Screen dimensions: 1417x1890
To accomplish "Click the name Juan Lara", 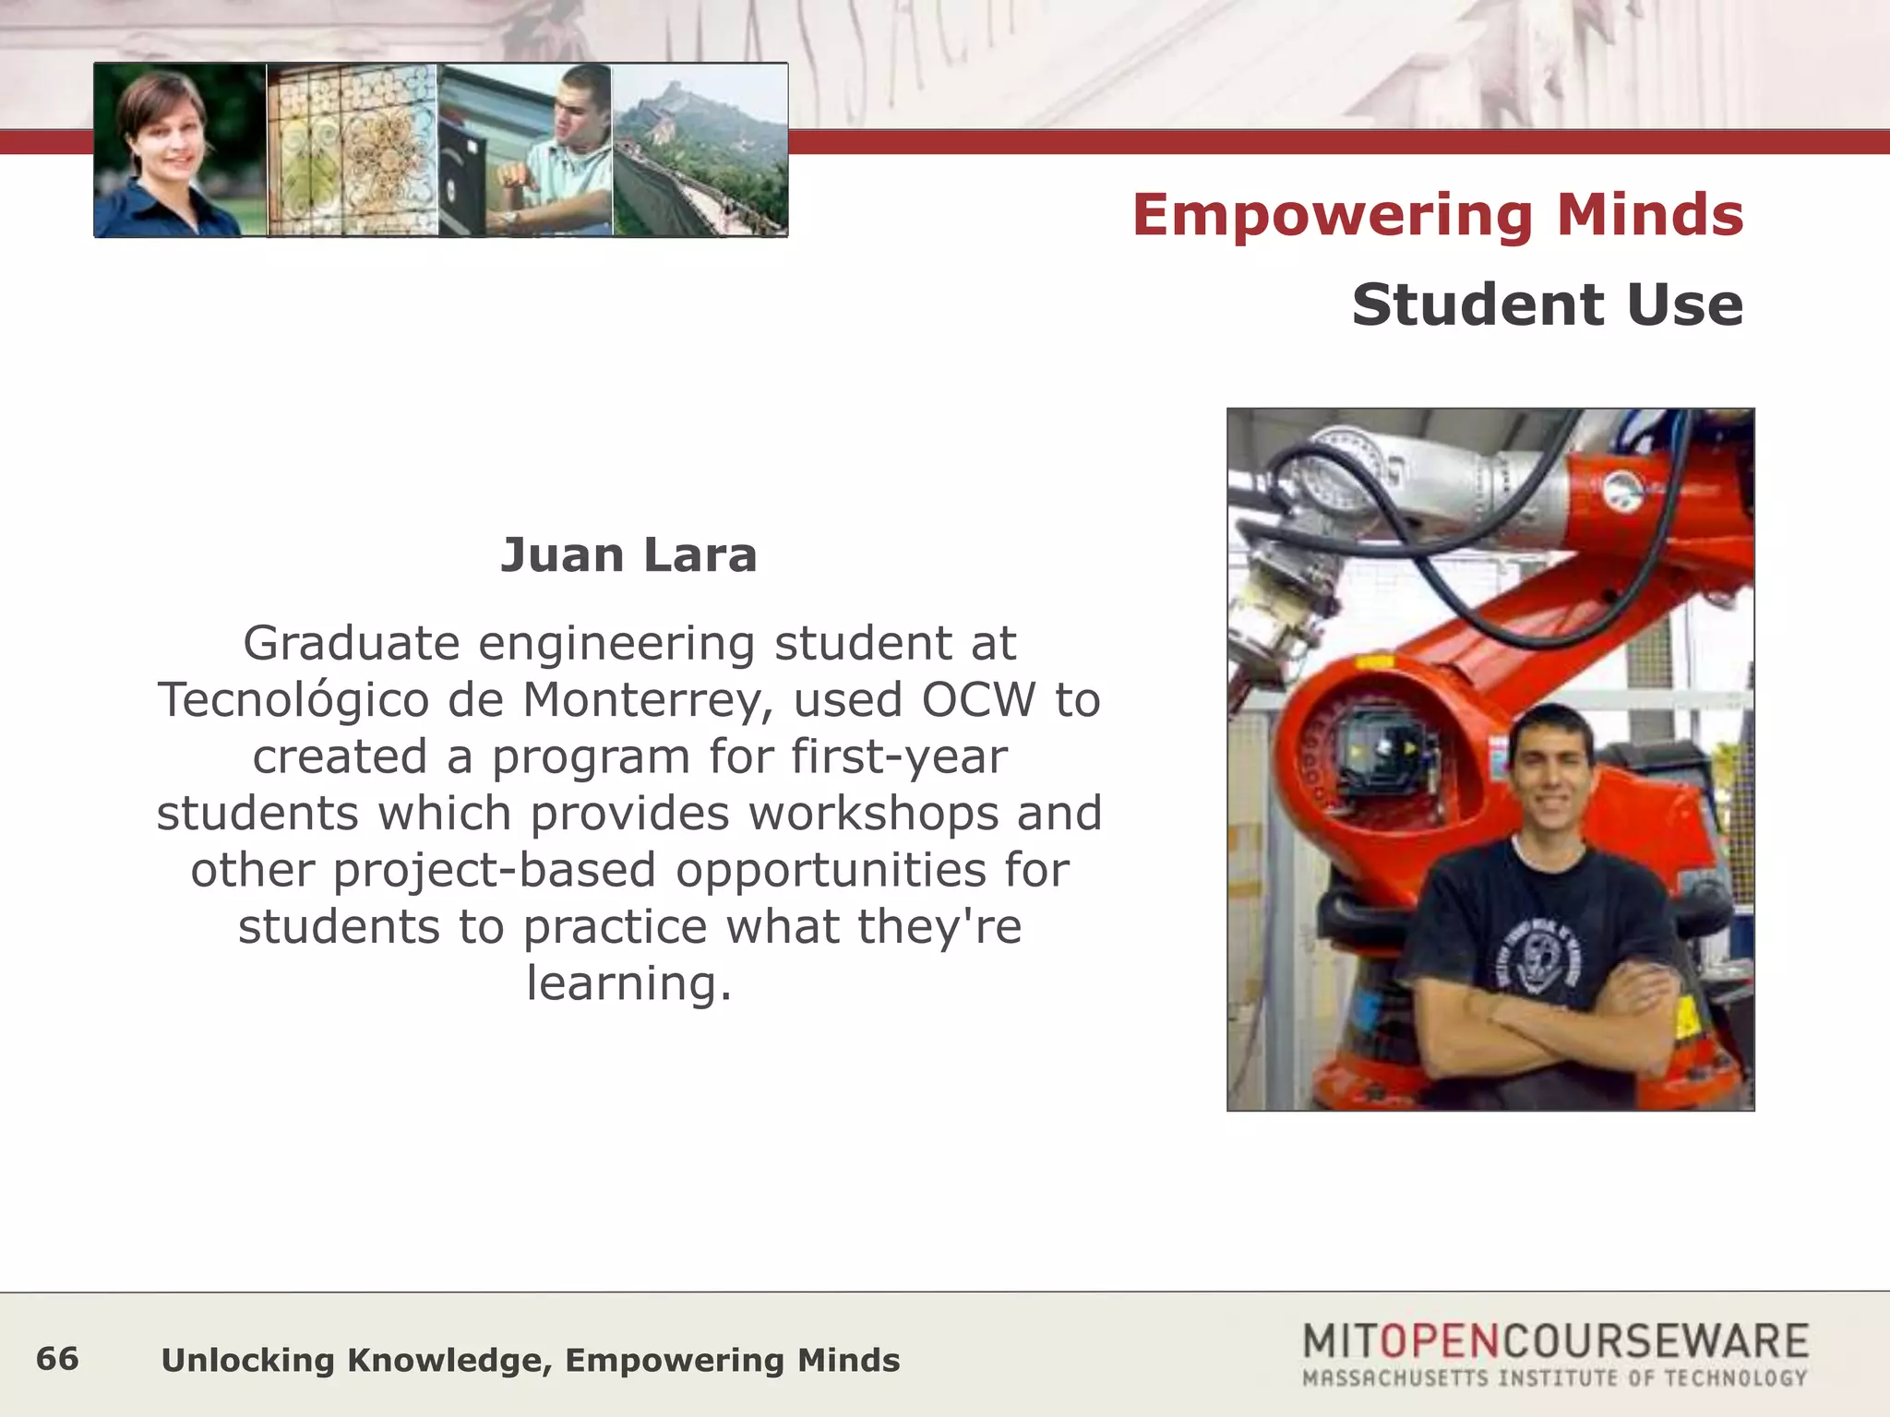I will coord(628,555).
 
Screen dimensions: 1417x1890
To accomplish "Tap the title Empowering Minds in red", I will coord(1438,215).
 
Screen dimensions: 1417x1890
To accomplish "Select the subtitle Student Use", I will coord(1548,304).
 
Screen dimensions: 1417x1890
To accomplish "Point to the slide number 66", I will coord(57,1358).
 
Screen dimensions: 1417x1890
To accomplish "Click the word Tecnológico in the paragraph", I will coord(294,700).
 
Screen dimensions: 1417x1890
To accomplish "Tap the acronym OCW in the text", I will coord(979,700).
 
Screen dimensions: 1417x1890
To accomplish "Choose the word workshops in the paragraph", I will coord(874,814).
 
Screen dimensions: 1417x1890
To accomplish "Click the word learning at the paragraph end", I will coord(628,983).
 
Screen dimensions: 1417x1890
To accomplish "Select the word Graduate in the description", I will coord(351,643).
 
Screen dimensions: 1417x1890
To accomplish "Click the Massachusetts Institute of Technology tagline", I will coord(1554,1378).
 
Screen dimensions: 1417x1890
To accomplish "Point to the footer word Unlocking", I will coord(247,1360).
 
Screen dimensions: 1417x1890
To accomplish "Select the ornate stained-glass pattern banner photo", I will coord(352,150).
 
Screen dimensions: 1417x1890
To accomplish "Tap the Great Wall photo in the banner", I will coord(700,150).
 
